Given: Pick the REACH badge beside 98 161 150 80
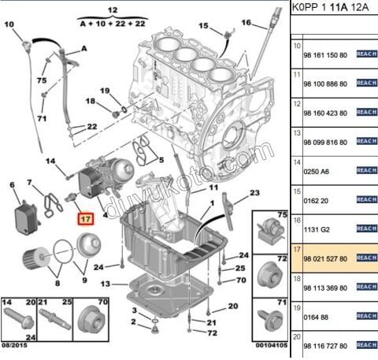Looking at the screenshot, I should (x=366, y=54).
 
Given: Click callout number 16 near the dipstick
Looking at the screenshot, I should (x=246, y=23).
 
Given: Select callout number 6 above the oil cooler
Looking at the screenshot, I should (x=12, y=185).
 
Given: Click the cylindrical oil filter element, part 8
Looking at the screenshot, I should (x=31, y=258).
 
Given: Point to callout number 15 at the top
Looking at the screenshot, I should (x=204, y=26).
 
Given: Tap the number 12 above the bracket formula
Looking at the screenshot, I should (x=113, y=9).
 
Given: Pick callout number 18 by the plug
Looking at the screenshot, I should (x=90, y=101).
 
